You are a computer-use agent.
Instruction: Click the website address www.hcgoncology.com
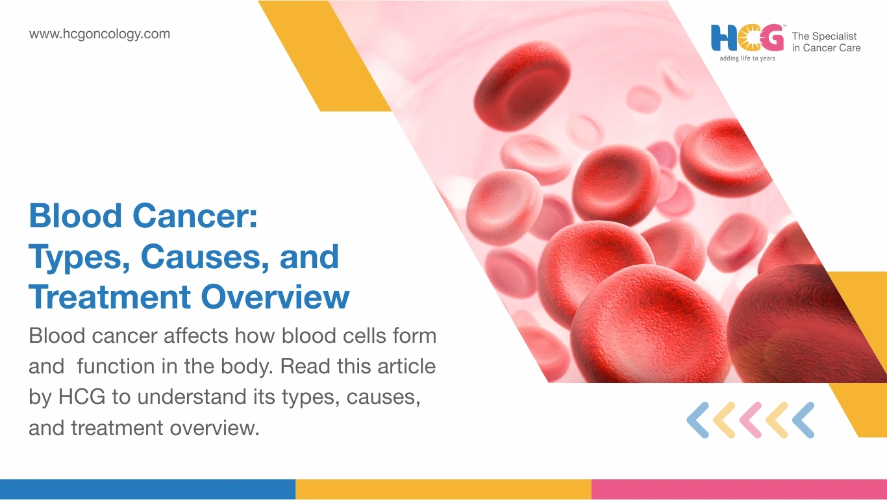coord(99,34)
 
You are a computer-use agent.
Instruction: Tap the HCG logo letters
coord(747,38)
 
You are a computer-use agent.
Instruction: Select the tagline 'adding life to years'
coord(747,58)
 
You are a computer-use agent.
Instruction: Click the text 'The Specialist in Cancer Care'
coord(826,42)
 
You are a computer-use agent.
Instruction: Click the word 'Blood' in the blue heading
coord(75,216)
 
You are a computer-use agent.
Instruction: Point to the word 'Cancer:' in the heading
coord(195,216)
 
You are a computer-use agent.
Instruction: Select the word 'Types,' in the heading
coord(79,258)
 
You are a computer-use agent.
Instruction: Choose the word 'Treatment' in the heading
coord(110,297)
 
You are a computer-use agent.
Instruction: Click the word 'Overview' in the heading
coord(275,297)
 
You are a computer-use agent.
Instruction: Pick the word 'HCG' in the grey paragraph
coord(82,397)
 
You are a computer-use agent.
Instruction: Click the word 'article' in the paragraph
coord(406,366)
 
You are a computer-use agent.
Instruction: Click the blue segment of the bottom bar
coord(147,490)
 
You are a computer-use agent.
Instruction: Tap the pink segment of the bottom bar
coord(740,490)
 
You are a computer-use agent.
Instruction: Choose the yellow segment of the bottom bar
coord(443,490)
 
